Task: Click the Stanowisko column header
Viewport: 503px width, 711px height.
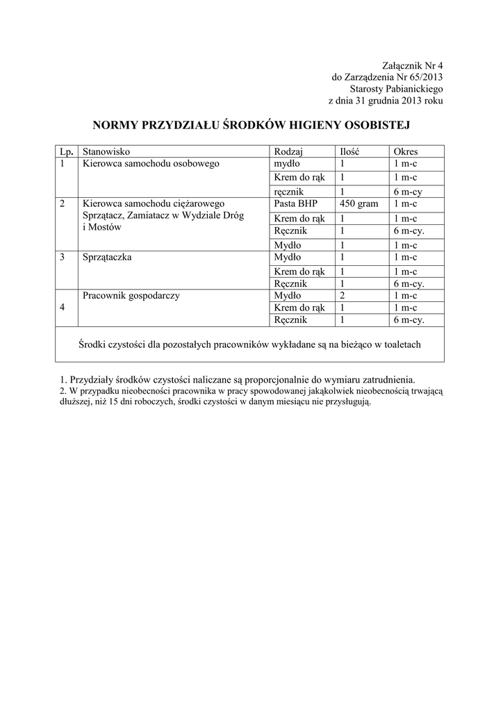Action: coord(106,151)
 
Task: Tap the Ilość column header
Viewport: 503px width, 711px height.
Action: coord(349,151)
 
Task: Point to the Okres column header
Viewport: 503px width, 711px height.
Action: coord(406,151)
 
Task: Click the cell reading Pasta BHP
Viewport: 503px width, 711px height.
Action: coord(295,204)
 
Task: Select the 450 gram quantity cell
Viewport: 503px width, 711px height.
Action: coord(358,204)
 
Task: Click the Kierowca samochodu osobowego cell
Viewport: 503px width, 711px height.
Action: coord(151,164)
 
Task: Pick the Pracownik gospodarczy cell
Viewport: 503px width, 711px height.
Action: coord(131,296)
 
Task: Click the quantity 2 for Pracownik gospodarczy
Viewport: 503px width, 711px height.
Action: coord(343,296)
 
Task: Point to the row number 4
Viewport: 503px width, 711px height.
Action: coord(63,308)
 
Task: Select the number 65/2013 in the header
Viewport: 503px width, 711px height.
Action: coord(424,77)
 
